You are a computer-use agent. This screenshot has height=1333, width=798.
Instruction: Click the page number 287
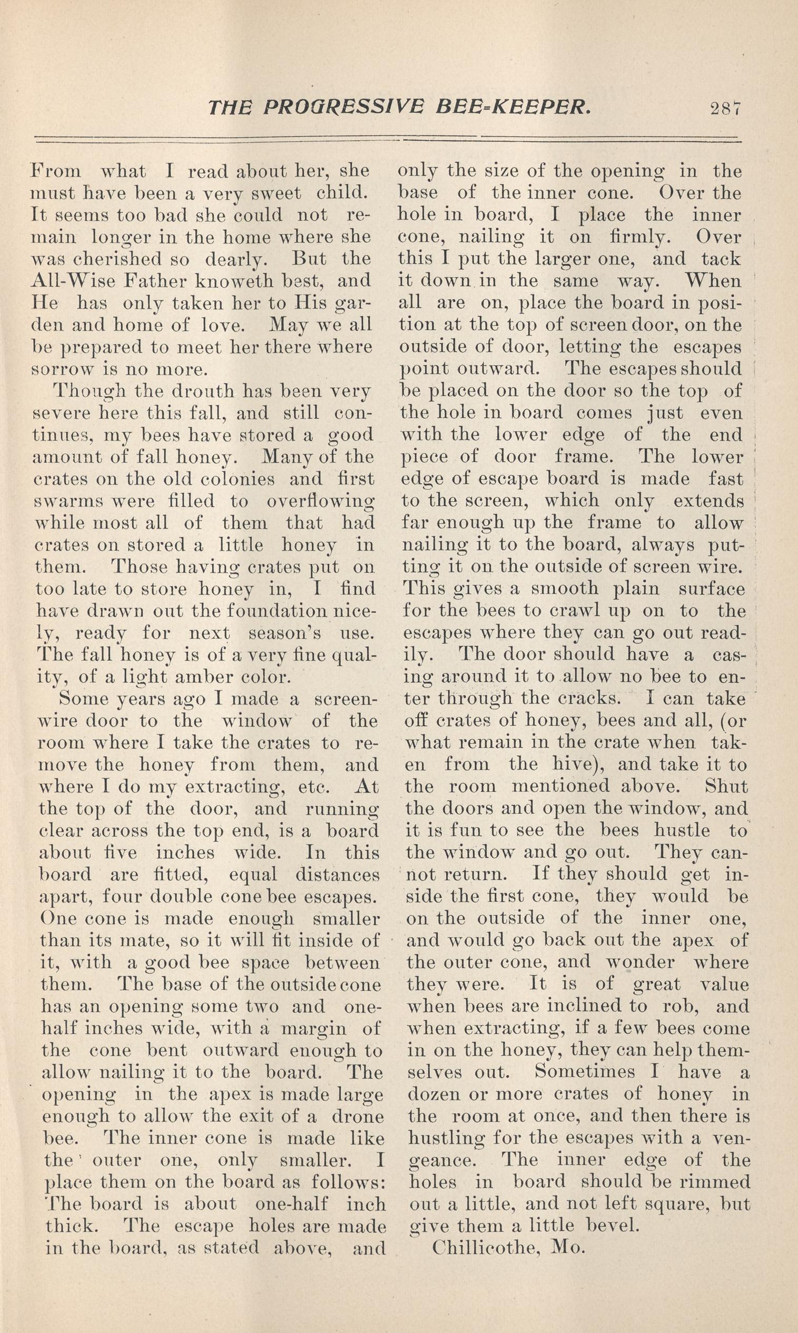pyautogui.click(x=725, y=109)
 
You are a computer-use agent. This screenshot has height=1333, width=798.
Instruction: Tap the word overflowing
pyautogui.click(x=320, y=501)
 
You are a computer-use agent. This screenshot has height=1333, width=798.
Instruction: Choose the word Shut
pyautogui.click(x=726, y=786)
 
